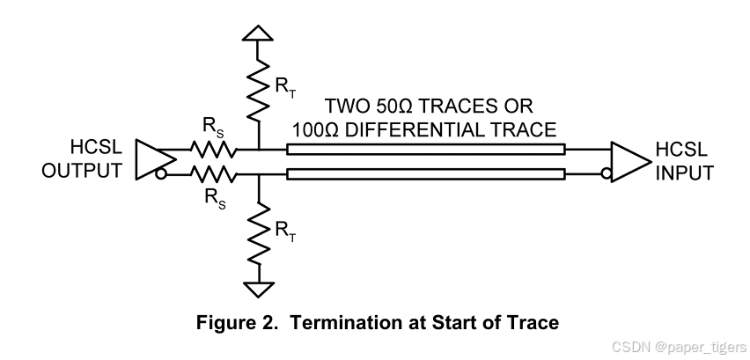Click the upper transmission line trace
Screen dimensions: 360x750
click(426, 149)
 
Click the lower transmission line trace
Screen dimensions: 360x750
click(426, 173)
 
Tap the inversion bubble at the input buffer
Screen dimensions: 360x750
click(607, 173)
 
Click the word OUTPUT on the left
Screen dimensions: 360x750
click(84, 170)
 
